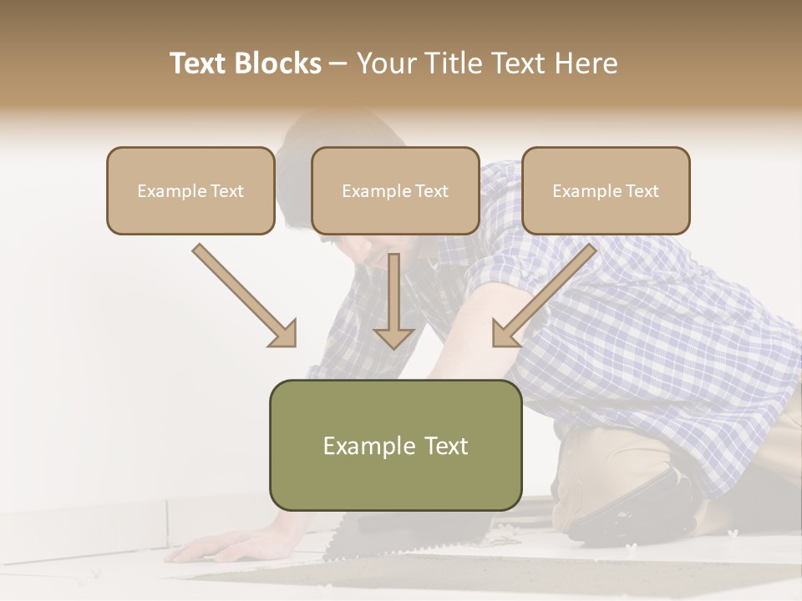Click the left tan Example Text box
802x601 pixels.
[x=190, y=191]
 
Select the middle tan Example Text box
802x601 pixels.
[x=395, y=191]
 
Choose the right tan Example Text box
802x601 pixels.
[x=606, y=191]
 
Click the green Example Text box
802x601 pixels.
[x=395, y=446]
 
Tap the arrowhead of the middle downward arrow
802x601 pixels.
[x=393, y=337]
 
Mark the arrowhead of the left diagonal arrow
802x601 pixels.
[x=284, y=334]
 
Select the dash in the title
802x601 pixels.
[x=338, y=63]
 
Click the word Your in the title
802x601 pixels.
[x=385, y=63]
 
